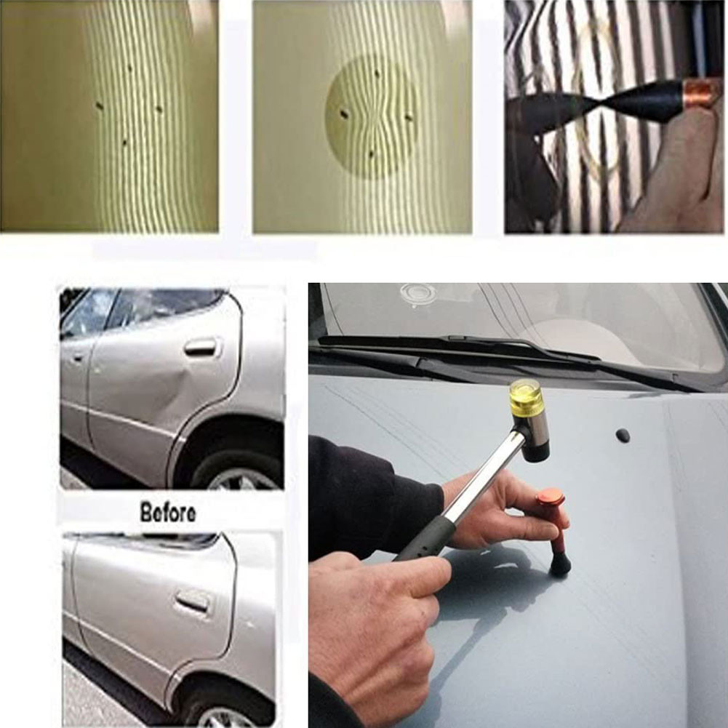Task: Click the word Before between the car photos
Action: click(167, 513)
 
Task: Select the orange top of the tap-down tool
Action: click(551, 499)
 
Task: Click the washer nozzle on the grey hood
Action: click(623, 435)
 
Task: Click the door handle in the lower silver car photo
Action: click(192, 602)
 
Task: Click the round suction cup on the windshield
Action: click(418, 295)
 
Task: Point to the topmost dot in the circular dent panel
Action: click(377, 73)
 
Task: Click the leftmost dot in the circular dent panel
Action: click(343, 114)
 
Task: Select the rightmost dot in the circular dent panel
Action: click(409, 118)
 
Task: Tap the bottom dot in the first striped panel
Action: click(125, 142)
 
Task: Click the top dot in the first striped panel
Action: click(129, 68)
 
